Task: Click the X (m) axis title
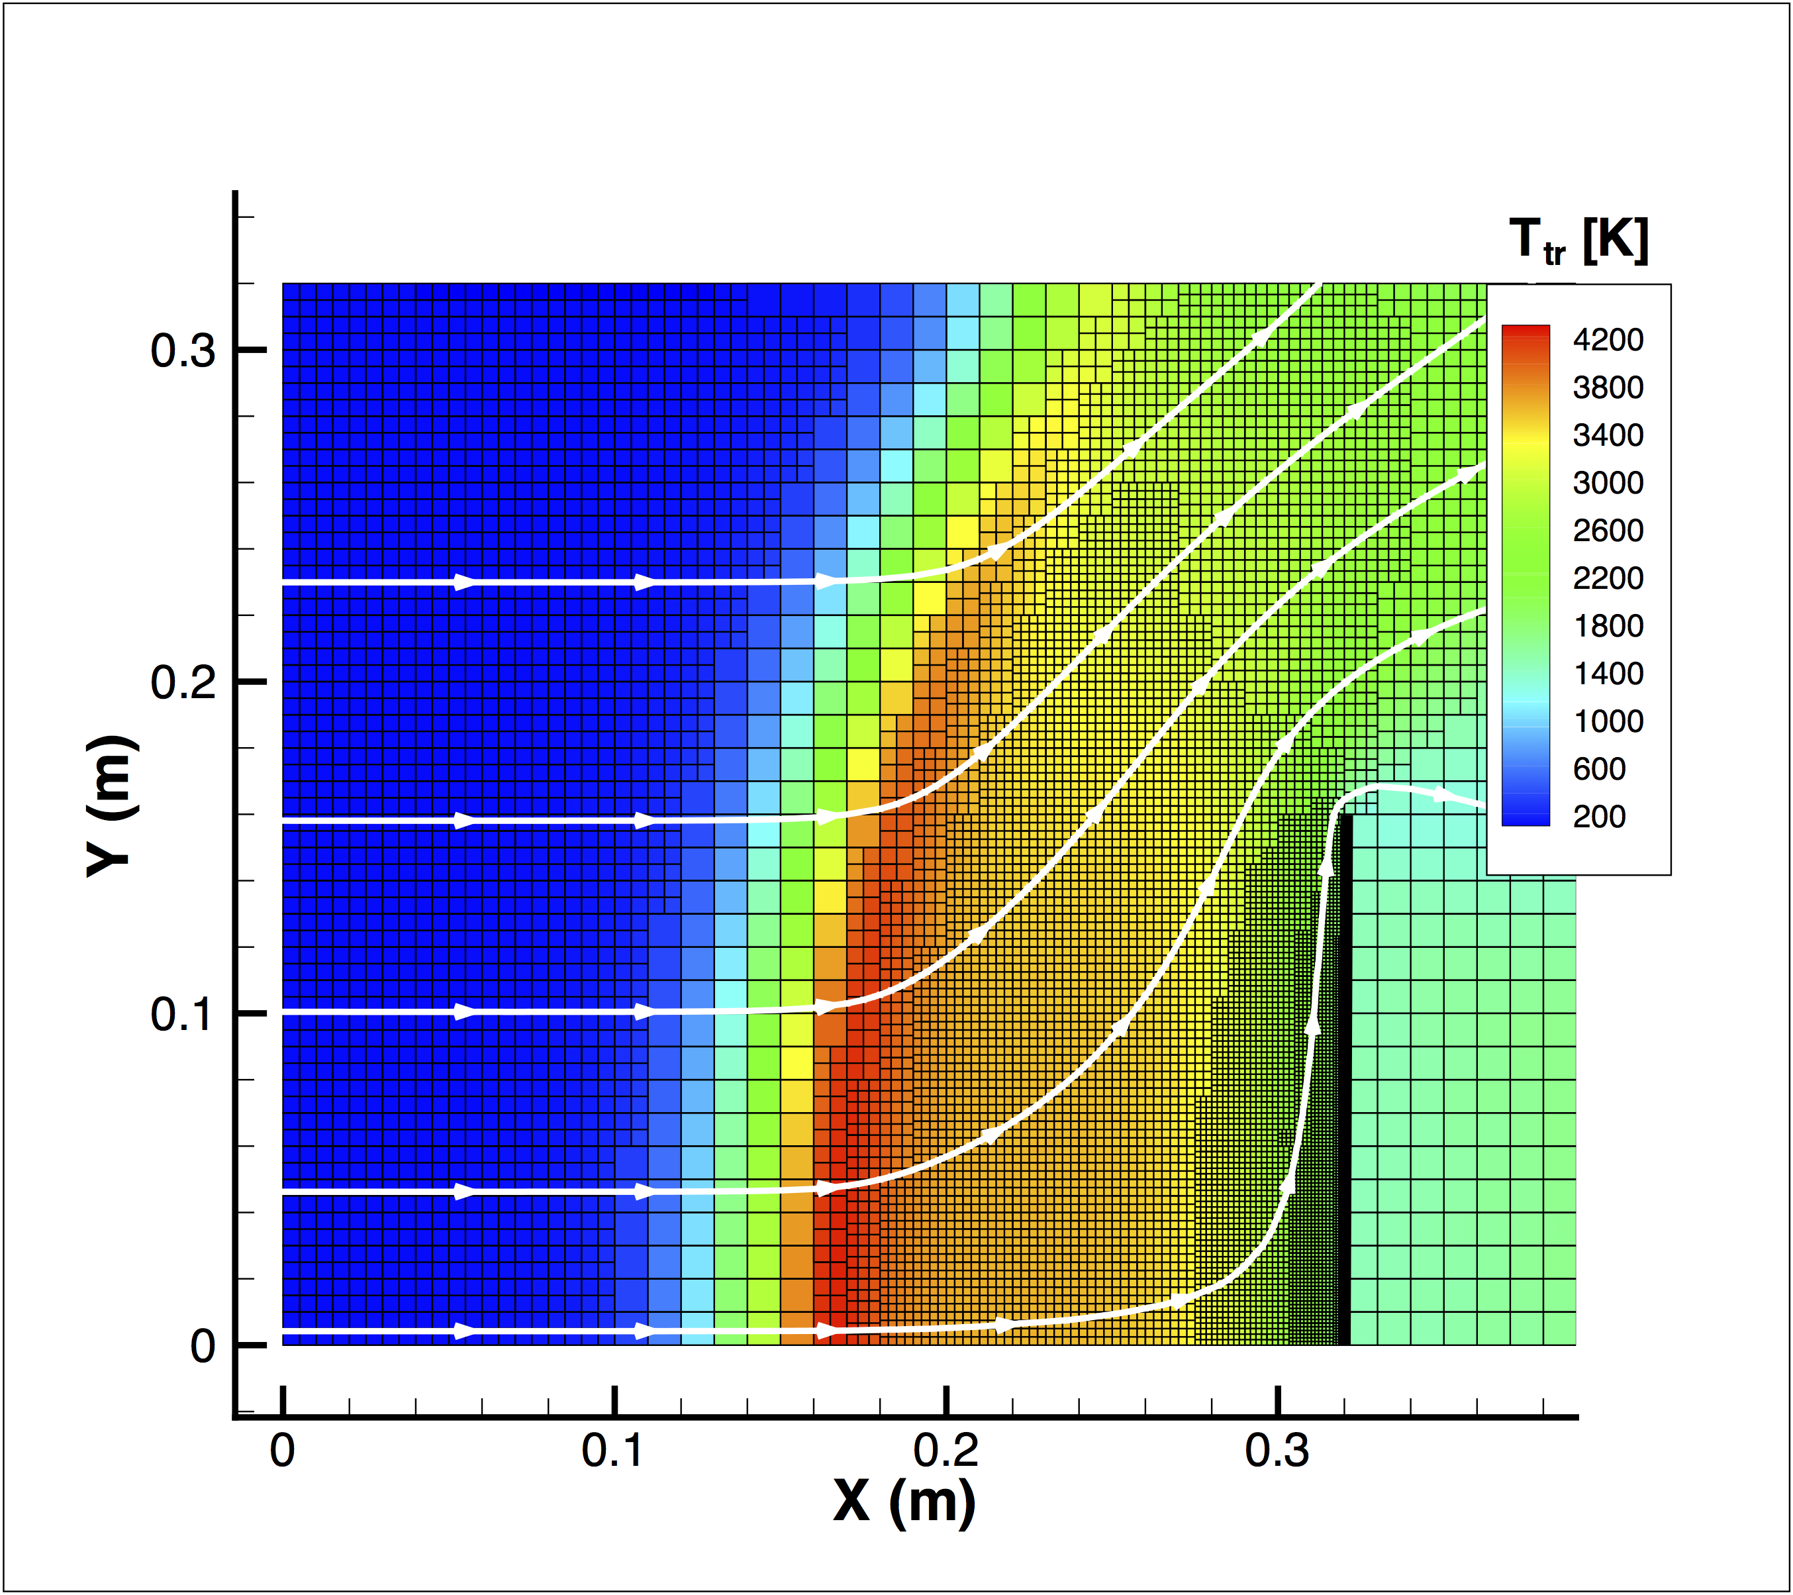[x=904, y=1503]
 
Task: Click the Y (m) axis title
[x=113, y=805]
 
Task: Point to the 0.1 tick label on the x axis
[x=613, y=1452]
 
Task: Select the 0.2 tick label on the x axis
[x=945, y=1452]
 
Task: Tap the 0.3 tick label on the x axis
[x=1277, y=1452]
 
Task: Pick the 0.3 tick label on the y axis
[x=183, y=351]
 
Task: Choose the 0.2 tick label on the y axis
[x=183, y=682]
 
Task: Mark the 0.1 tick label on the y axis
[x=183, y=1014]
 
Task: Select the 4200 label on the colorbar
[x=1608, y=340]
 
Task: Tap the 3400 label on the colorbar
[x=1608, y=435]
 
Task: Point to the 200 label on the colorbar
[x=1599, y=817]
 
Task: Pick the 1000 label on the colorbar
[x=1608, y=721]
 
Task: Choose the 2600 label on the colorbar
[x=1608, y=531]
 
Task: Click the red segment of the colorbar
[x=1526, y=338]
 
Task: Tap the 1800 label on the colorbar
[x=1608, y=627]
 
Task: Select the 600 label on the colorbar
[x=1599, y=770]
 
